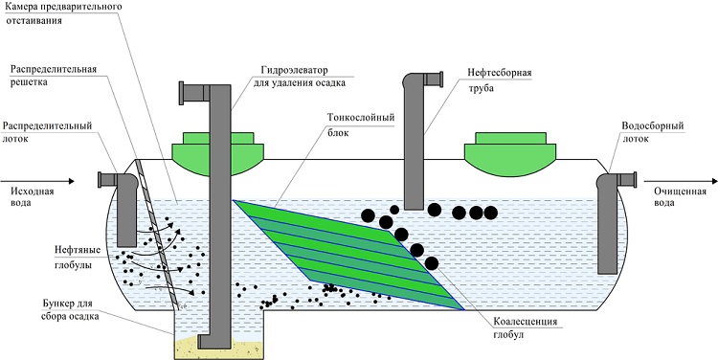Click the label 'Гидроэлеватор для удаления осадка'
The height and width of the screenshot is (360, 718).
click(x=300, y=77)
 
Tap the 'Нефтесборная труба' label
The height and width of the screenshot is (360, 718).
click(x=499, y=80)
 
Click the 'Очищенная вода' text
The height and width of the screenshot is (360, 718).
click(x=680, y=196)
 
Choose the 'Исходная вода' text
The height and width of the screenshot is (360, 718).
click(x=28, y=196)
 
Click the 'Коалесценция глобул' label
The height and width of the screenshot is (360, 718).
click(x=526, y=328)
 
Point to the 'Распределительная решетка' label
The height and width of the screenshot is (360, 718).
click(x=53, y=76)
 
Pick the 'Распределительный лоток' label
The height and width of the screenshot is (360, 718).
click(x=48, y=132)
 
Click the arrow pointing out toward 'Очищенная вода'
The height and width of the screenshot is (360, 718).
click(x=680, y=181)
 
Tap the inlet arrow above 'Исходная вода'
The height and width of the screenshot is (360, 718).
click(x=37, y=181)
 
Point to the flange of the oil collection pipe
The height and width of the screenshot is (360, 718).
click(x=440, y=79)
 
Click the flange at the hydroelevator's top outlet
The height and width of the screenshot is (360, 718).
click(x=181, y=93)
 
